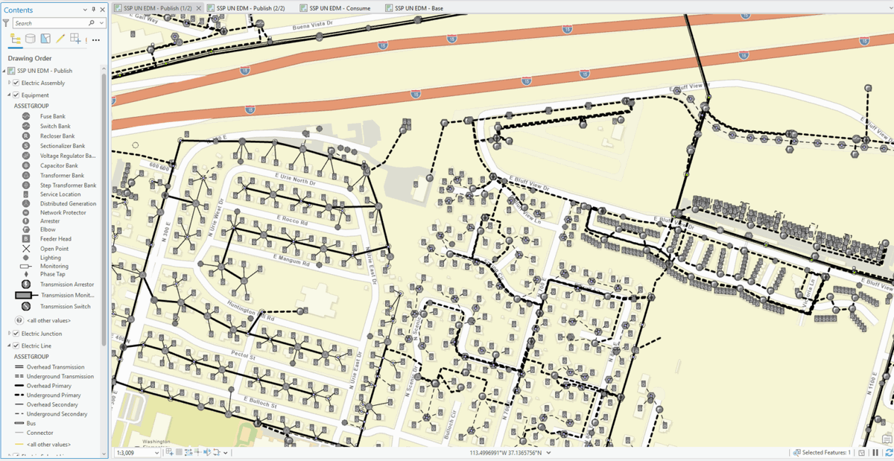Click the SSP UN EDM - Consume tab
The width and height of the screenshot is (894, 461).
pos(340,7)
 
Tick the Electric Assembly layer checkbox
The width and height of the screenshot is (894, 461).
pos(16,83)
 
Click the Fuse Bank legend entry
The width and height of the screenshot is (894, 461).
pos(52,116)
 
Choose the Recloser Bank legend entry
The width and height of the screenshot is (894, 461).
pos(57,136)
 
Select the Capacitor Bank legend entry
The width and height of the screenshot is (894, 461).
pos(59,165)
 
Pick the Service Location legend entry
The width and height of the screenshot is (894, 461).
pos(60,194)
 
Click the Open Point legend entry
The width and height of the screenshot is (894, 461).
pos(54,249)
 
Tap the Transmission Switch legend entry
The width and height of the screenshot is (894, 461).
pos(65,306)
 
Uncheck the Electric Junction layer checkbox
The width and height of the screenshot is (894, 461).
pos(16,334)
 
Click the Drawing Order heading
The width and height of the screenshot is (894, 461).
pos(30,58)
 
